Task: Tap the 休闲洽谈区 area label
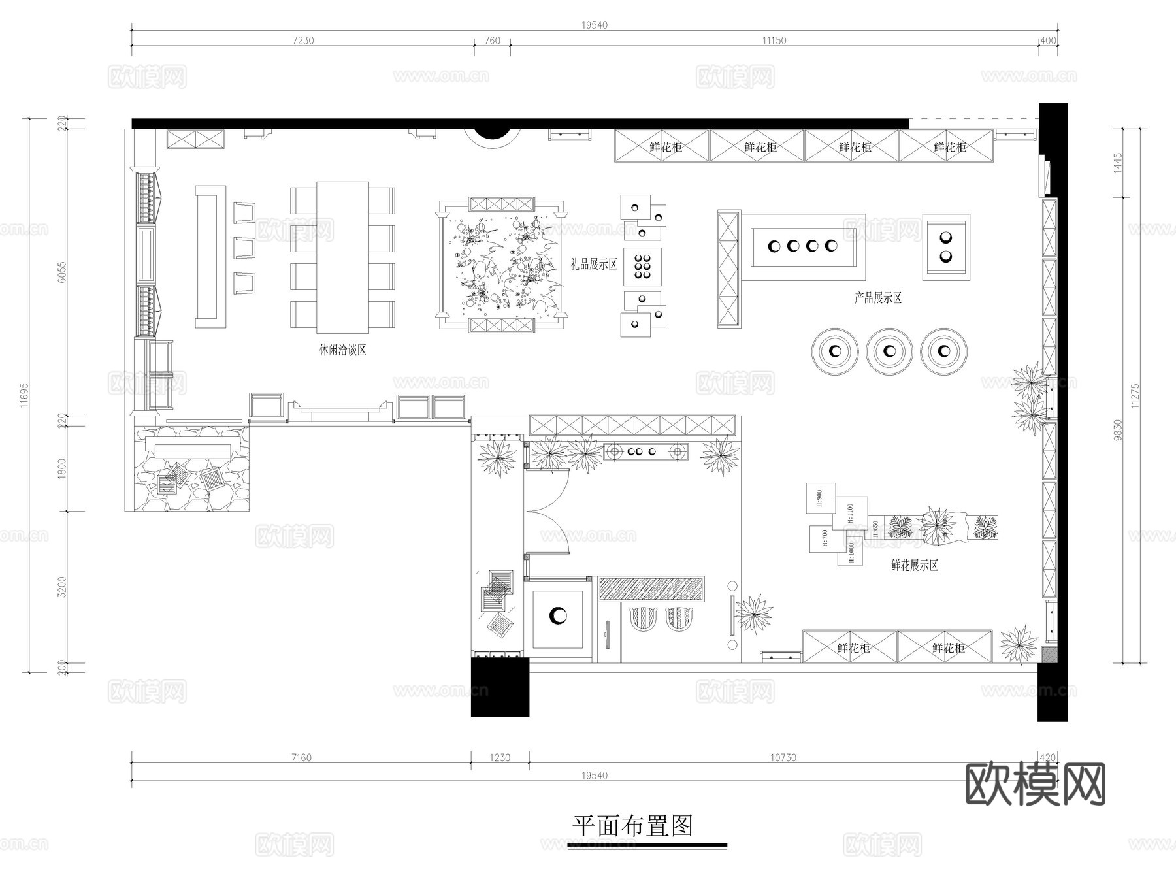coord(342,350)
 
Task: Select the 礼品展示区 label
coord(594,265)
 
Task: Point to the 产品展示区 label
coord(878,299)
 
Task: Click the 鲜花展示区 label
coord(915,566)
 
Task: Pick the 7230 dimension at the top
coord(303,41)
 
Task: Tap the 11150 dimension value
coord(774,41)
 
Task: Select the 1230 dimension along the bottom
coord(500,758)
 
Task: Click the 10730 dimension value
coord(783,758)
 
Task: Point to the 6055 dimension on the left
coord(63,272)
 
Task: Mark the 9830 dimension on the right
coord(1118,430)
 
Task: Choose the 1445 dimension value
coord(1118,162)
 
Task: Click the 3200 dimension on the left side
coord(63,587)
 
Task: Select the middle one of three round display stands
coord(889,351)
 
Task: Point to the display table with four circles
coord(803,246)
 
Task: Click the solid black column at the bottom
coord(500,687)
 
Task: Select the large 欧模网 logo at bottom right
coord(1035,784)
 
